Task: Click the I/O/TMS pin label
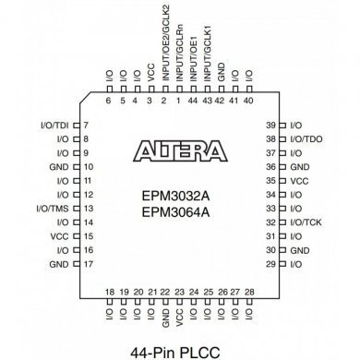(x=54, y=209)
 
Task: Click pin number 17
(x=86, y=265)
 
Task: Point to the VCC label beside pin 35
(x=299, y=180)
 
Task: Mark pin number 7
(x=85, y=124)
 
